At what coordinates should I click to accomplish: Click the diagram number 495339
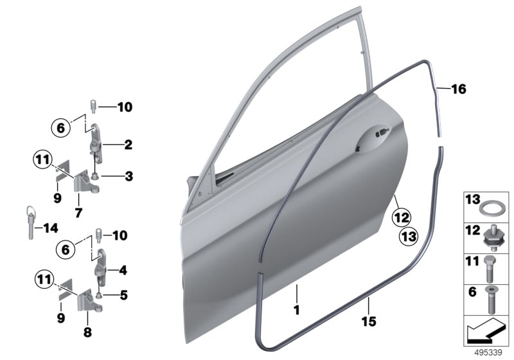488,353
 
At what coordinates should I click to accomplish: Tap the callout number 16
459,89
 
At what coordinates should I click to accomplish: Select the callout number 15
369,321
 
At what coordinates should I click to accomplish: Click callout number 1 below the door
297,310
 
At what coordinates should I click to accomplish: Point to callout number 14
51,228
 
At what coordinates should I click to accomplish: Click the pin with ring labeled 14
31,222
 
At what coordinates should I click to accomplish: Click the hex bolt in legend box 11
490,269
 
